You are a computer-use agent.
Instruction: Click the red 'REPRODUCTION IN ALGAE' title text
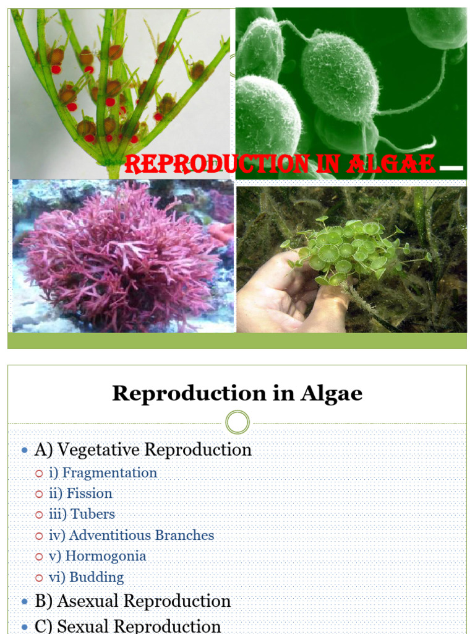pos(280,165)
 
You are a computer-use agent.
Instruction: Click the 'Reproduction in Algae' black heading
pos(237,394)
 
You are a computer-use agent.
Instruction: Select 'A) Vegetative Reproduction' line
pos(143,449)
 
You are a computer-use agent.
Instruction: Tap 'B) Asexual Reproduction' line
pos(132,601)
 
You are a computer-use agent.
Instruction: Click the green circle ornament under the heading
pos(237,423)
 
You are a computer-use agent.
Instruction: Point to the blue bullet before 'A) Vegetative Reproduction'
pos(25,450)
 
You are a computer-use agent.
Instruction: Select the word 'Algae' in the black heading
pos(335,394)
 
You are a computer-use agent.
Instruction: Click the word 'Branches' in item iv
pos(184,536)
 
